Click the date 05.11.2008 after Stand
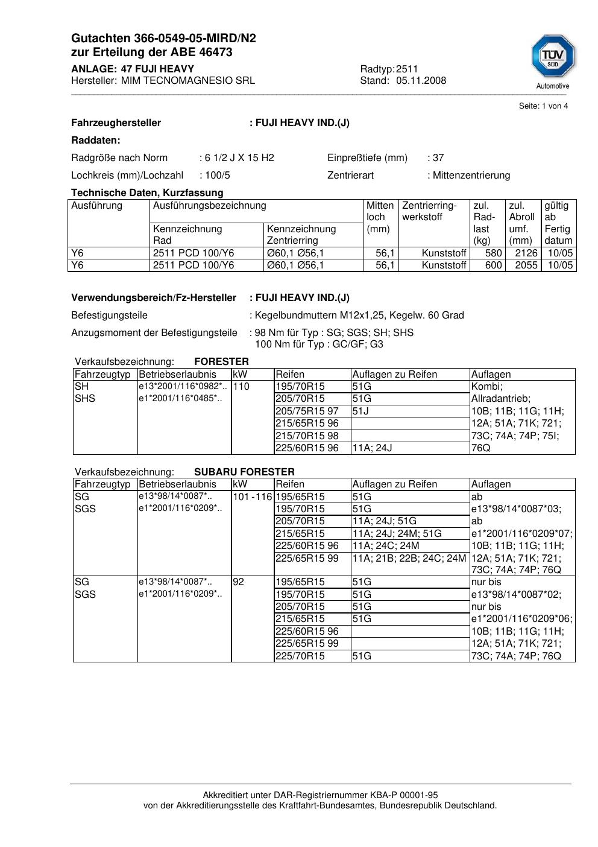point(421,81)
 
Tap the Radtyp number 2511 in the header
point(407,69)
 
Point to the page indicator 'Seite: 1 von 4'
point(543,106)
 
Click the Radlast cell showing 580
point(493,253)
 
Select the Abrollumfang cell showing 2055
point(526,265)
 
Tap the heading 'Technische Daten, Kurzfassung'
point(147,193)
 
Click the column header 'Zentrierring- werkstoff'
point(429,211)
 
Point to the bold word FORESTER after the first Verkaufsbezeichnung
point(221,362)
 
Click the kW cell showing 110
point(241,387)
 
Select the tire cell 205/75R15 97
point(307,411)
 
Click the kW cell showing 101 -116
point(252,497)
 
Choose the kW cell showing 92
point(239,582)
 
